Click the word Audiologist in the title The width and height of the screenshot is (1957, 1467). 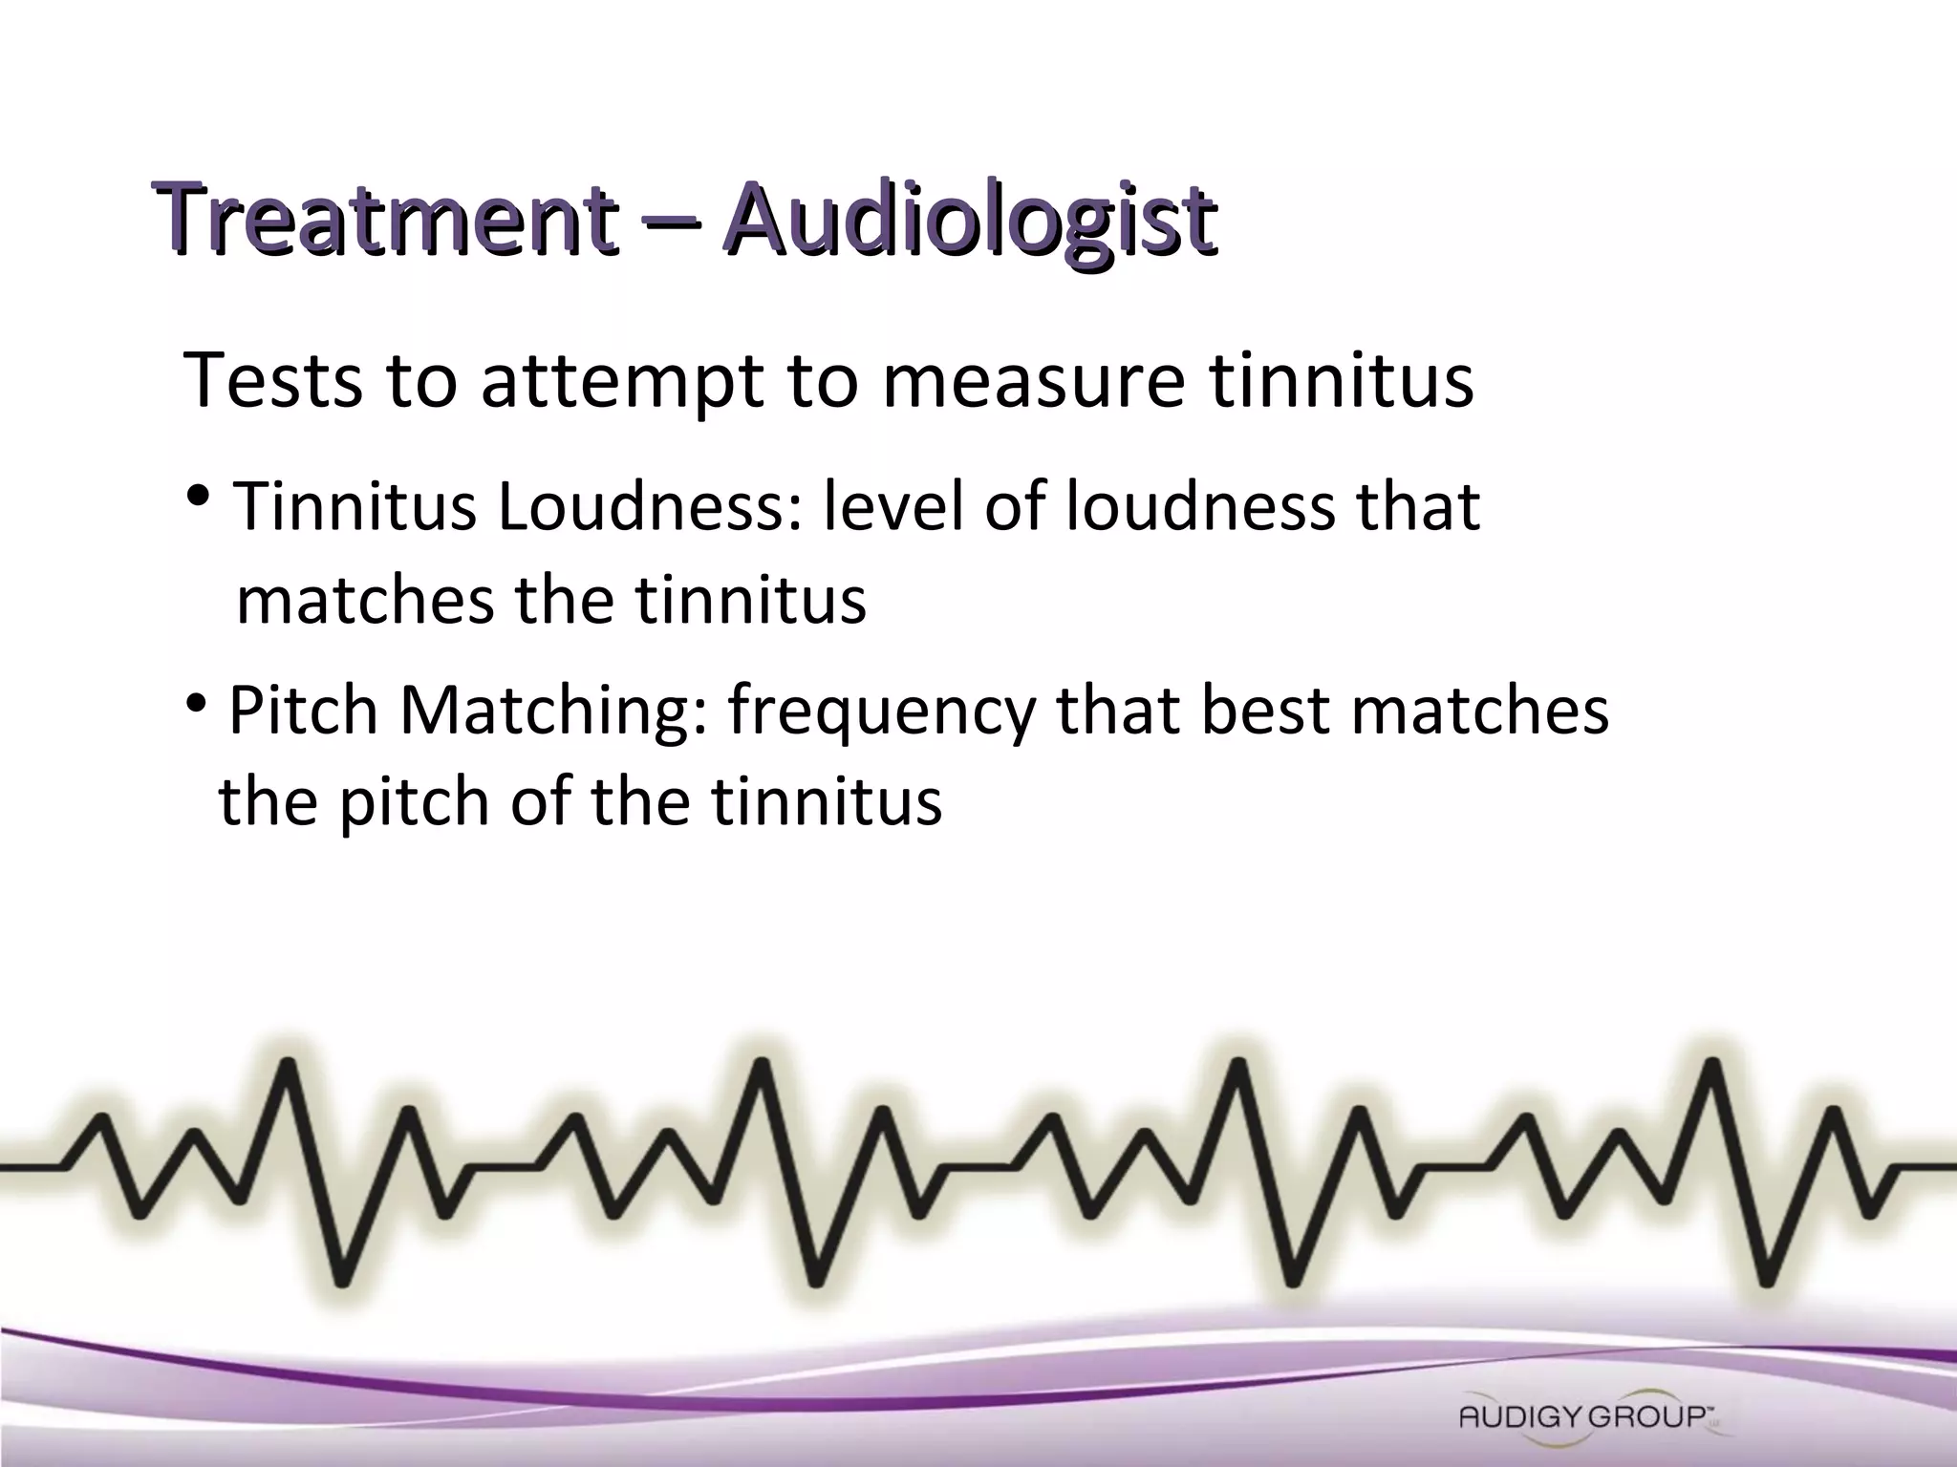click(970, 222)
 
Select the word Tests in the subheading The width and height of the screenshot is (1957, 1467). click(273, 380)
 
